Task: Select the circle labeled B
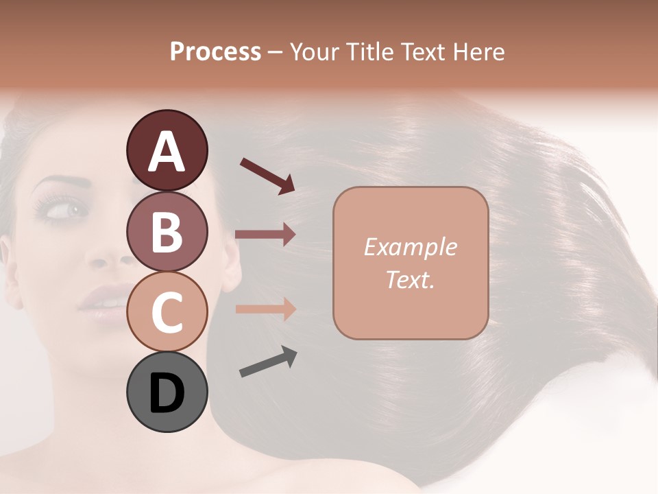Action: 167,231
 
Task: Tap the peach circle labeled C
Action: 167,312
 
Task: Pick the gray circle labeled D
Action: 167,392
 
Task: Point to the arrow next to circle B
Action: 265,235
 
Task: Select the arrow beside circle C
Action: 265,309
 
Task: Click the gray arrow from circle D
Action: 268,362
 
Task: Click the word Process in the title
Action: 215,51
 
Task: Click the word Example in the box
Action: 410,247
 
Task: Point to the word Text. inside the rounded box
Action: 410,280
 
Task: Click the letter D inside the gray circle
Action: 167,394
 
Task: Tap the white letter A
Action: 167,151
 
